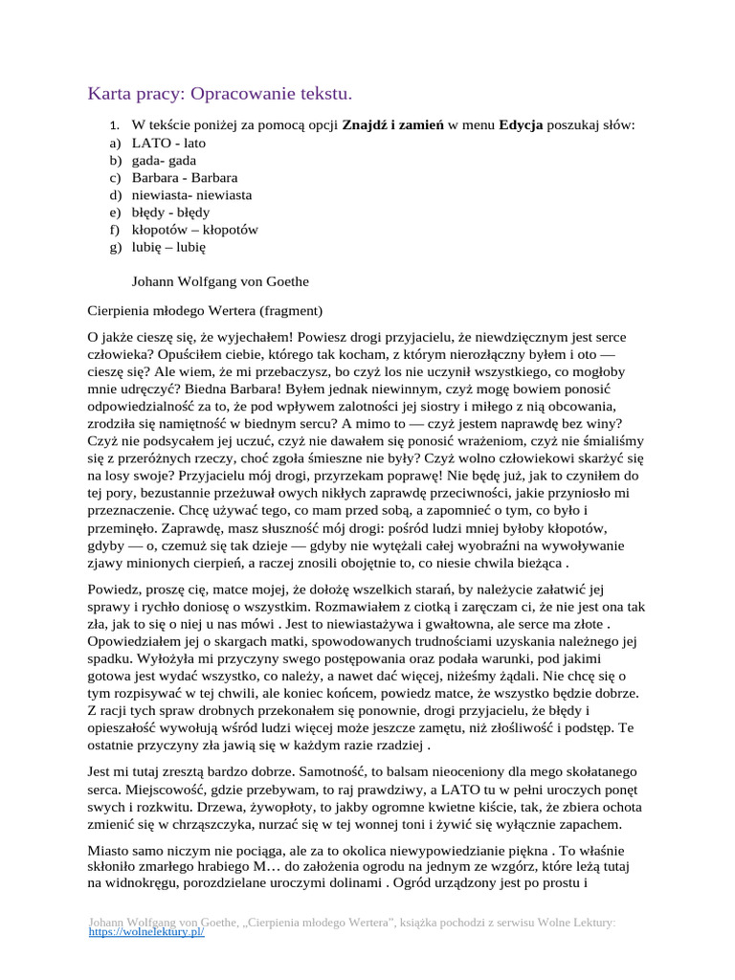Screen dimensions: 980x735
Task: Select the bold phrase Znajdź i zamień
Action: pyautogui.click(x=392, y=125)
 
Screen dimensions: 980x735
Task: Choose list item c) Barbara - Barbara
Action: pyautogui.click(x=185, y=177)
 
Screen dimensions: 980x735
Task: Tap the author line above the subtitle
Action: pyautogui.click(x=220, y=281)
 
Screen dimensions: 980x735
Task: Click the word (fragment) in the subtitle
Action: pyautogui.click(x=291, y=311)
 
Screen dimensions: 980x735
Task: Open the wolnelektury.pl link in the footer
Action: pyautogui.click(x=146, y=931)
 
